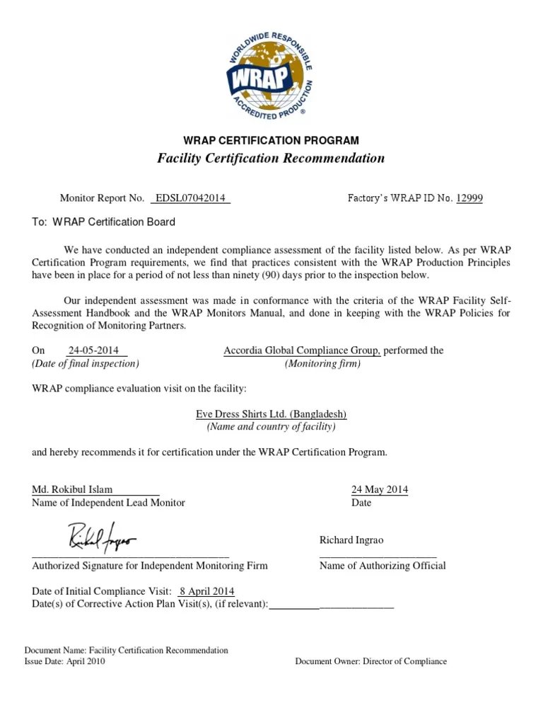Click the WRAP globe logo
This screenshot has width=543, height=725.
coord(271,75)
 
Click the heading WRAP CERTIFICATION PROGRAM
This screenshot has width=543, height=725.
coord(271,140)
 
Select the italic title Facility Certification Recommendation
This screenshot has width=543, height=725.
coord(271,158)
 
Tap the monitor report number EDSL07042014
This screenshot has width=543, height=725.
coord(190,198)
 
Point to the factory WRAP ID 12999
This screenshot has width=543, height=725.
coord(469,198)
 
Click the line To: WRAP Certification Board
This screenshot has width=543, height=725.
coord(104,222)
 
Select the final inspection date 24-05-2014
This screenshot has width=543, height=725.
coord(95,350)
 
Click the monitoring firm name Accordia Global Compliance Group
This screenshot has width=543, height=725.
coord(302,350)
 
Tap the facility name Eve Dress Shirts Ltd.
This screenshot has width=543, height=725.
coord(271,414)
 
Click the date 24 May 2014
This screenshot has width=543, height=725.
coord(380,489)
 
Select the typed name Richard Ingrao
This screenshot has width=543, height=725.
coord(351,540)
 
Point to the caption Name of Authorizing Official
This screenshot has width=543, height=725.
coord(383,566)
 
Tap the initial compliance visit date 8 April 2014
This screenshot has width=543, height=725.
coord(207,591)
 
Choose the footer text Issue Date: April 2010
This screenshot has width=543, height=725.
coord(64,661)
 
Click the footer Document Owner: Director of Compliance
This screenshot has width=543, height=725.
coord(370,661)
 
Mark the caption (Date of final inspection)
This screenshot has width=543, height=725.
coord(86,363)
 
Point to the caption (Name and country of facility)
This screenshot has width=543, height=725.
coord(271,427)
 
